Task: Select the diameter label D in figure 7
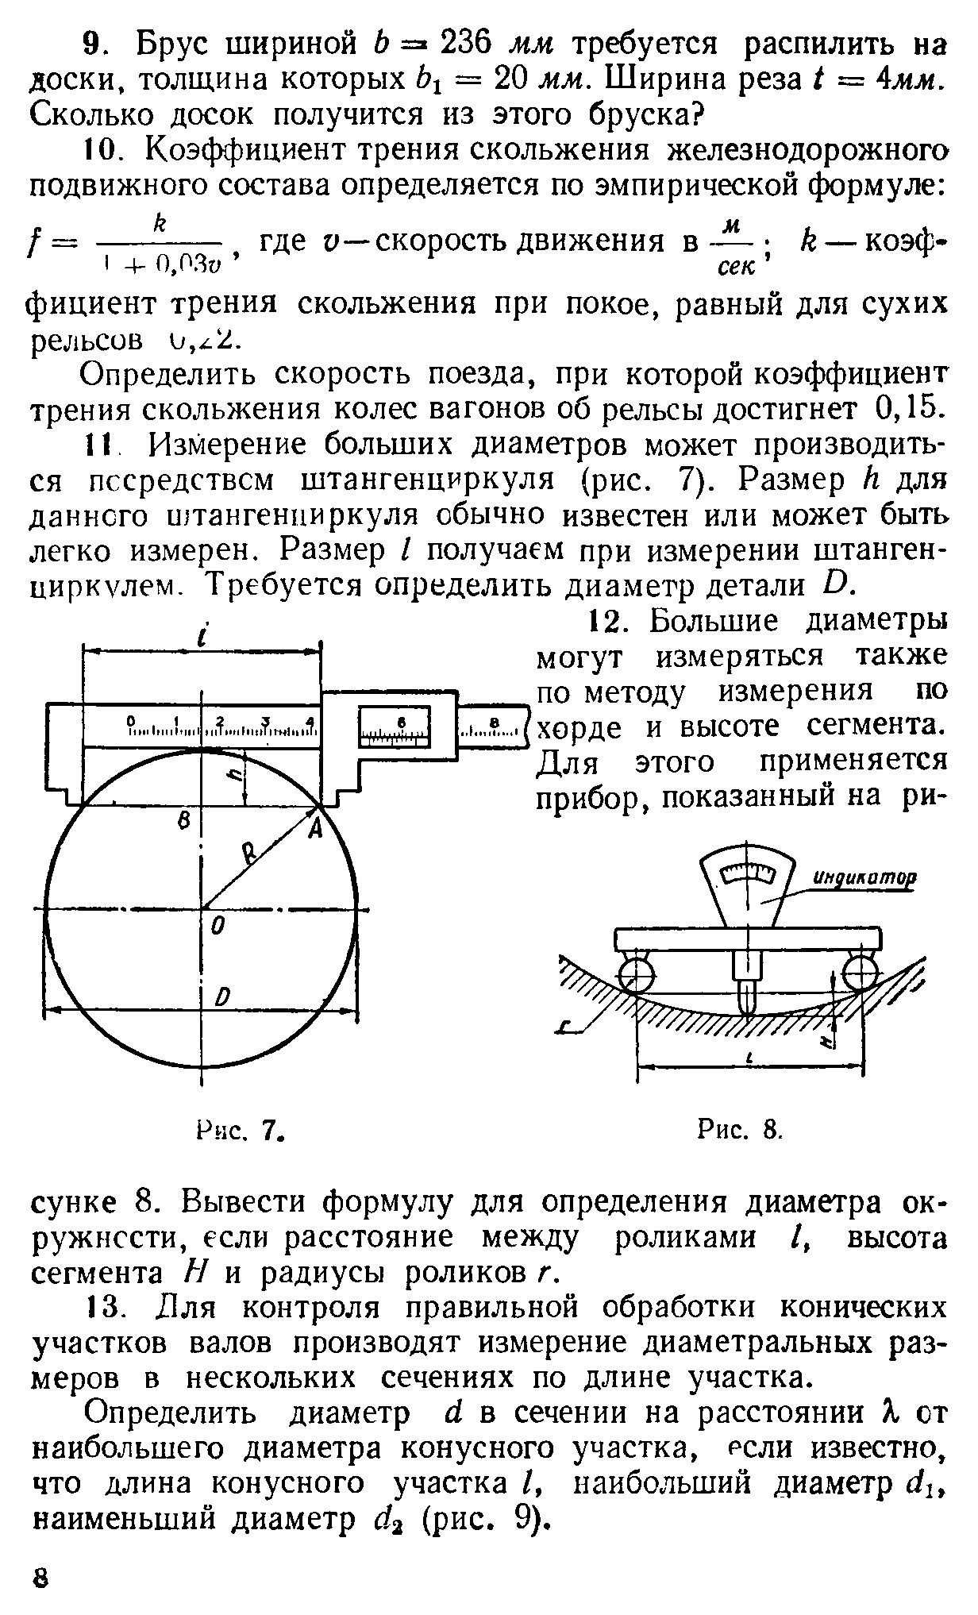click(223, 998)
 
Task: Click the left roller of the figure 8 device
click(636, 974)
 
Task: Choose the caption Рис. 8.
click(740, 1128)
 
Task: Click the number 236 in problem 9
click(472, 45)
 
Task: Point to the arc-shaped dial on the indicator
click(747, 873)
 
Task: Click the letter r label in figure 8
click(566, 1030)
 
